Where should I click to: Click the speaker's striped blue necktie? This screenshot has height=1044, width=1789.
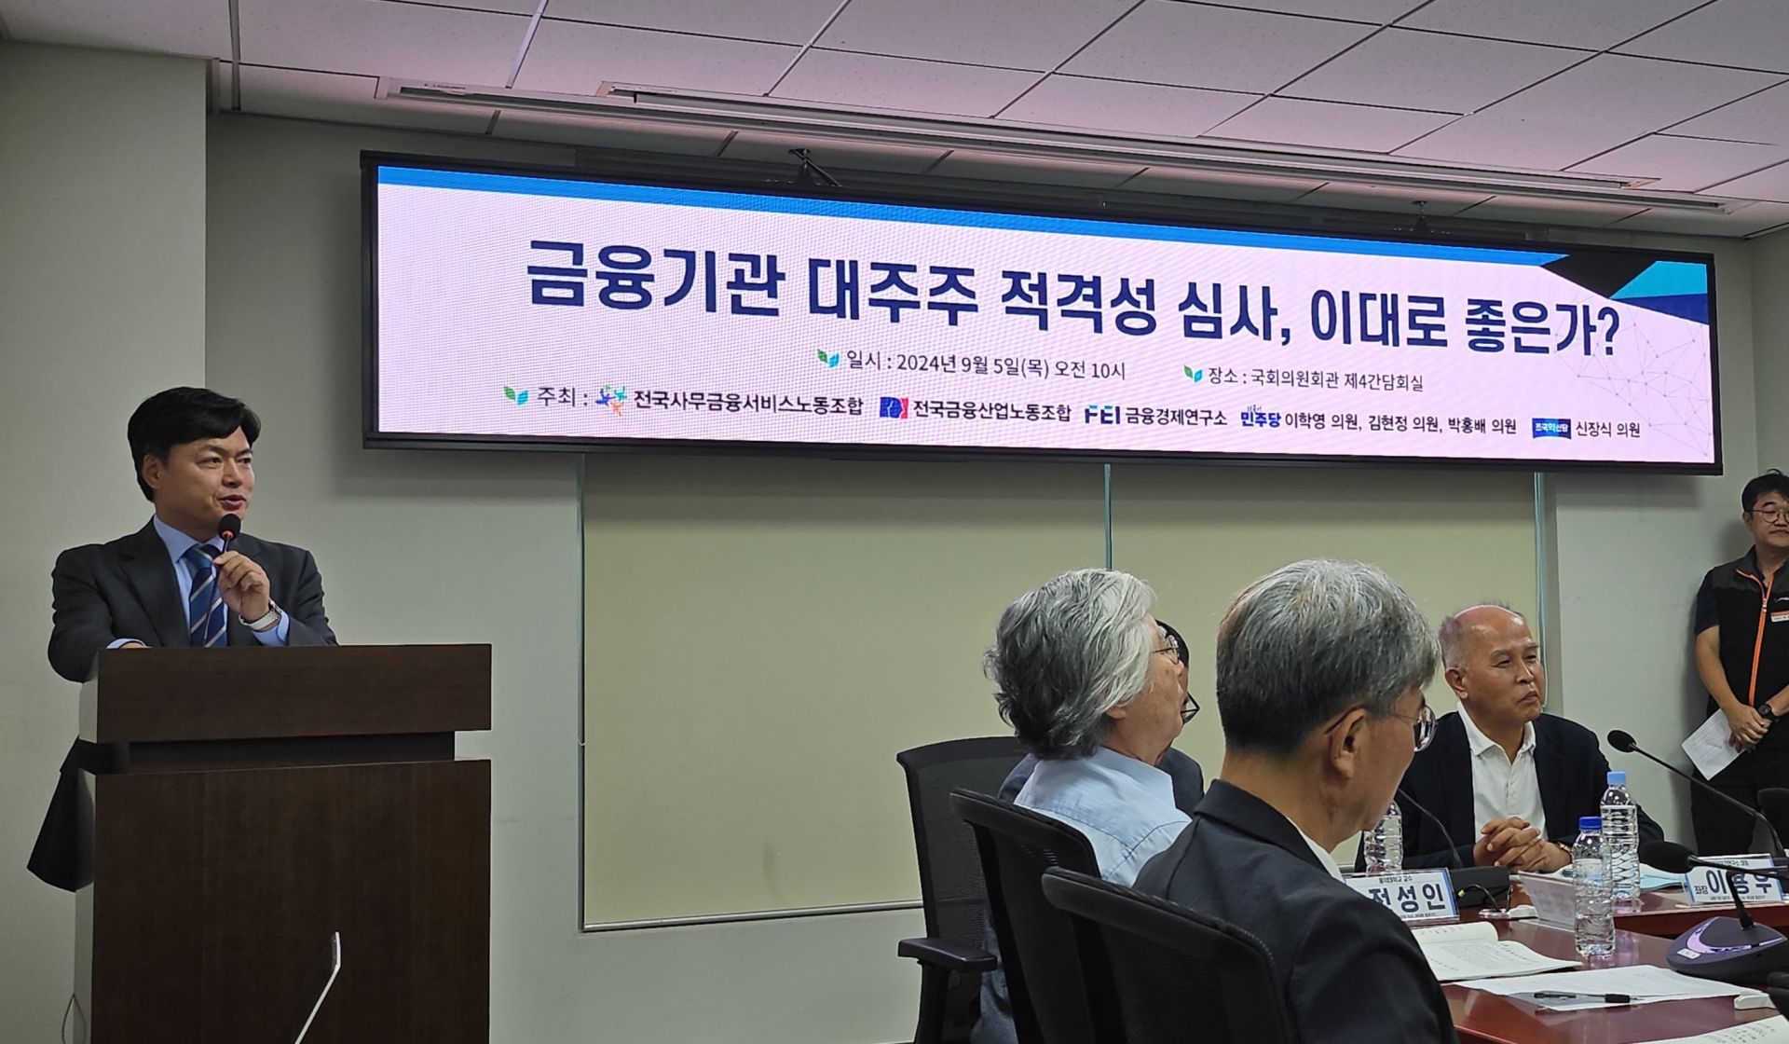tap(207, 597)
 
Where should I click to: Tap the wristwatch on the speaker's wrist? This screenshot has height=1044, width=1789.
tap(264, 617)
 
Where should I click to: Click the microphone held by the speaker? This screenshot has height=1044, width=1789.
tap(228, 529)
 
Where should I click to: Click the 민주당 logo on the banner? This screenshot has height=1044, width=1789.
tap(1260, 419)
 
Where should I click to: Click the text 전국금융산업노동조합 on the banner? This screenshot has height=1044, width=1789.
tap(991, 410)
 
